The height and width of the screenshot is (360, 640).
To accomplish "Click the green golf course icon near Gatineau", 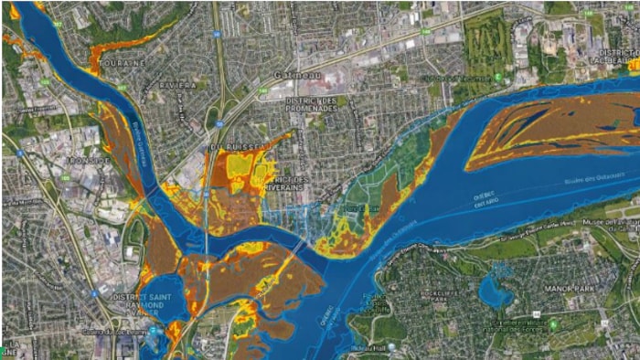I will pos(498,78).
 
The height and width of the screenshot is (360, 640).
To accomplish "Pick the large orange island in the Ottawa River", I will pos(549,128).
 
